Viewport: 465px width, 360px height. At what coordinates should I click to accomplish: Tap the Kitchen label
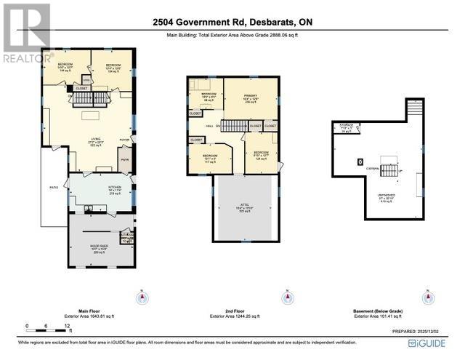[114, 190]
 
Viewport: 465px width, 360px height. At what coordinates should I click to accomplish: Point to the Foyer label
[124, 140]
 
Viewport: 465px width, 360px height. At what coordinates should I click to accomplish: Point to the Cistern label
[373, 168]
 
